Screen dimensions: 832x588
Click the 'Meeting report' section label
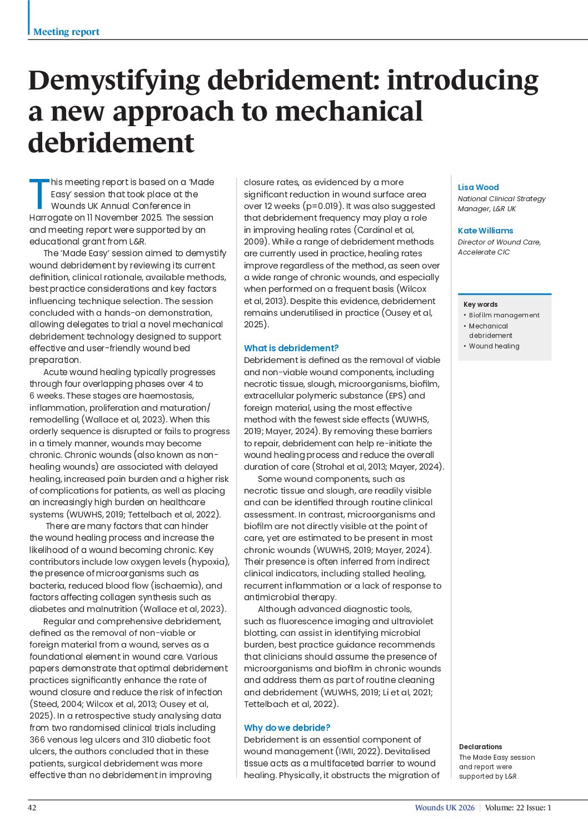pos(66,32)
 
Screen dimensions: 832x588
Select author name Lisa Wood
pos(478,187)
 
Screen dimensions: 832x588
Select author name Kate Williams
pos(485,231)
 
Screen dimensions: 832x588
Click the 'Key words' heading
pos(480,304)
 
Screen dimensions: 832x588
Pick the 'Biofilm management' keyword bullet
pos(504,315)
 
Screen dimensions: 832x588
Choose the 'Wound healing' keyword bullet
pos(494,346)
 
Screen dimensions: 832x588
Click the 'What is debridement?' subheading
pos(291,348)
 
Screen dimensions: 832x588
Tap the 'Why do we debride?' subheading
pos(287,728)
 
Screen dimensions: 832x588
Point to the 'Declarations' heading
pos(480,746)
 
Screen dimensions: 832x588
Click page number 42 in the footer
pos(32,808)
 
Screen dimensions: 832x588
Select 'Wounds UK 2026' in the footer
pos(445,808)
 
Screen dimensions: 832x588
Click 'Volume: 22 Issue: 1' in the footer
pos(518,808)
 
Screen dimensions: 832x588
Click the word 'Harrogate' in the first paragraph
pos(50,218)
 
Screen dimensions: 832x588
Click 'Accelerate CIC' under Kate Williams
pos(484,252)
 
